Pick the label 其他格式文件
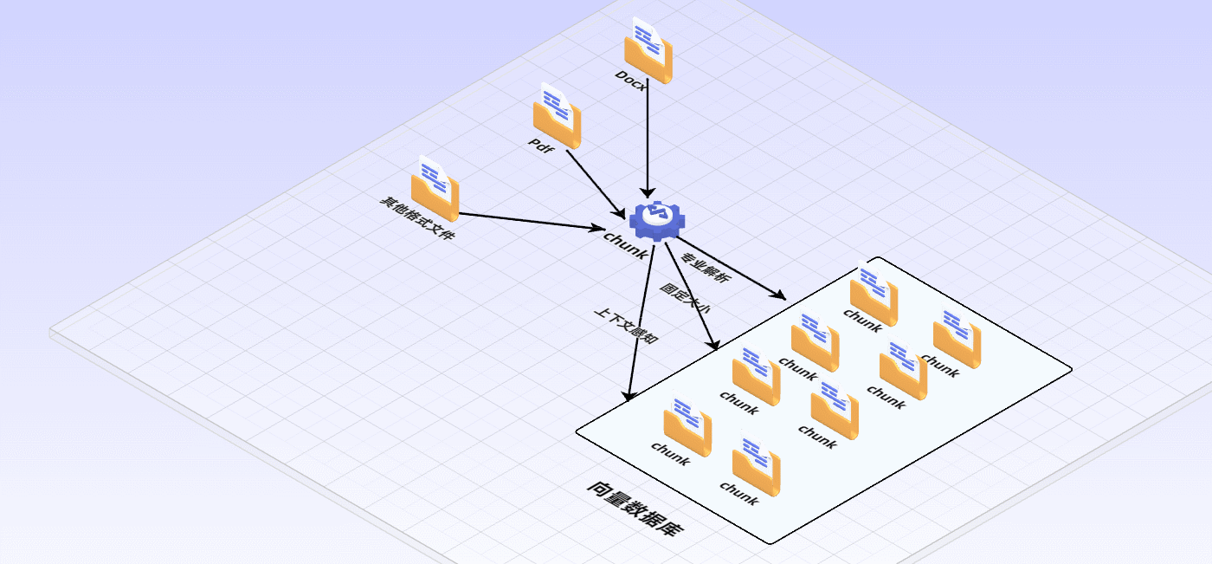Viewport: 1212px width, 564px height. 416,218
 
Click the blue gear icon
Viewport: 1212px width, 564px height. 655,220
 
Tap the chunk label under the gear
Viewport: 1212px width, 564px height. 625,245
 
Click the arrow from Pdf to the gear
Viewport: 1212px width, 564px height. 595,183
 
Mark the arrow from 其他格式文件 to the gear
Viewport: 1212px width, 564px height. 528,221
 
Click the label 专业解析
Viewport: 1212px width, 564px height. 706,269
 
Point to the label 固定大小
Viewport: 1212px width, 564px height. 685,297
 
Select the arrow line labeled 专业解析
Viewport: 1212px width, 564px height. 732,267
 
